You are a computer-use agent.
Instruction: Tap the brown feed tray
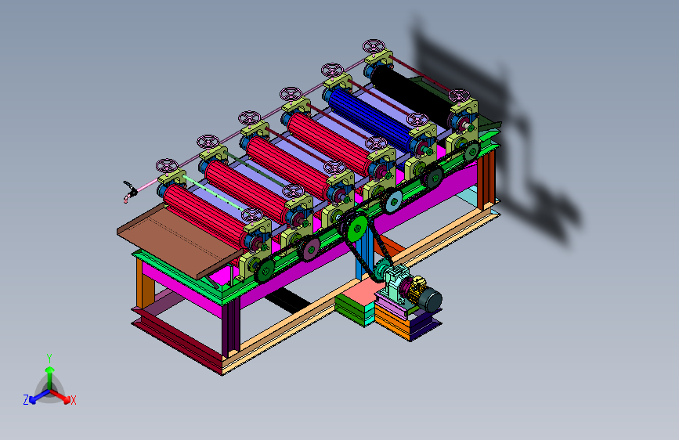tap(179, 240)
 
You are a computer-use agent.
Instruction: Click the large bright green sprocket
tap(358, 229)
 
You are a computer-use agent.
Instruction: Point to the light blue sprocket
tap(393, 202)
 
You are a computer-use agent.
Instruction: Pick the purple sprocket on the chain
tap(310, 250)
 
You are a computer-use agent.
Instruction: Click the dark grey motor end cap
tap(432, 300)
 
